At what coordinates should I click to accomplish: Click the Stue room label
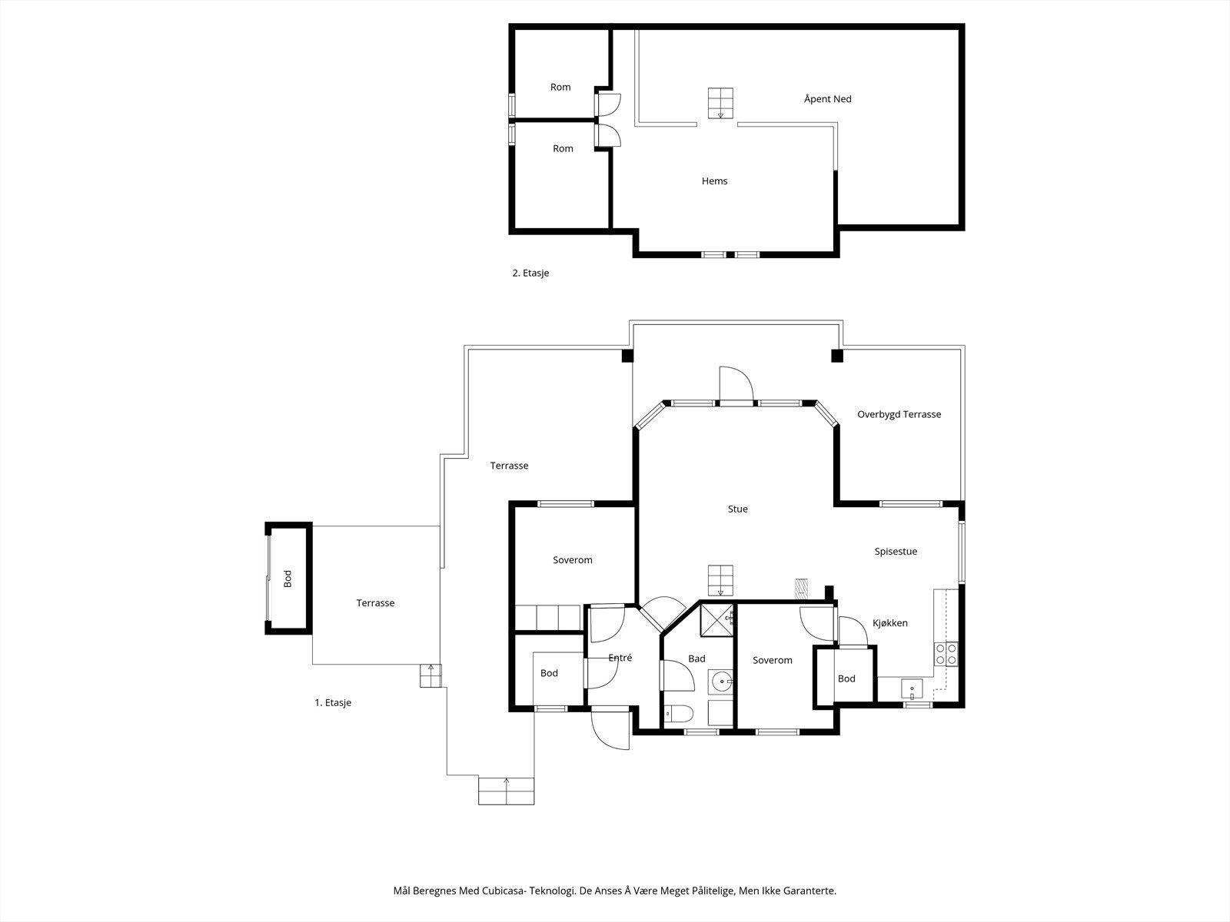[x=737, y=509]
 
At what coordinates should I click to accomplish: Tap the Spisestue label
[x=896, y=552]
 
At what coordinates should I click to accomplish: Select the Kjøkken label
[x=890, y=623]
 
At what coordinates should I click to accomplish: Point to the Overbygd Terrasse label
[x=899, y=414]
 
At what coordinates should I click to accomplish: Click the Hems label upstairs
[x=714, y=181]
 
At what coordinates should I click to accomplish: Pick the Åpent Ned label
[x=828, y=98]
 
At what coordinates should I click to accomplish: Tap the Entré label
[x=620, y=658]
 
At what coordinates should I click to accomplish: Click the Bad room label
[x=696, y=659]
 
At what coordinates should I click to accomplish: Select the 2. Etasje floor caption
[x=530, y=274]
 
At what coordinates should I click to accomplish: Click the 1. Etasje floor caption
[x=333, y=702]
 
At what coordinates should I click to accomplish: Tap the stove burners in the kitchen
[x=946, y=654]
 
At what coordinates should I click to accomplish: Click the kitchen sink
[x=912, y=688]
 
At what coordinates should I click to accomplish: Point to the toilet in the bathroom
[x=679, y=714]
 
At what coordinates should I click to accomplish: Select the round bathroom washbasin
[x=720, y=682]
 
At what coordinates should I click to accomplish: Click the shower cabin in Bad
[x=716, y=620]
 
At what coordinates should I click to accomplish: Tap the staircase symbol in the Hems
[x=720, y=103]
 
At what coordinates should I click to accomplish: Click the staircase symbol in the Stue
[x=720, y=581]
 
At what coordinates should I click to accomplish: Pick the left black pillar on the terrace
[x=627, y=356]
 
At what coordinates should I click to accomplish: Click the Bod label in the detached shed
[x=288, y=579]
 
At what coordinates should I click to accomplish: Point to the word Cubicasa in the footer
[x=504, y=890]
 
